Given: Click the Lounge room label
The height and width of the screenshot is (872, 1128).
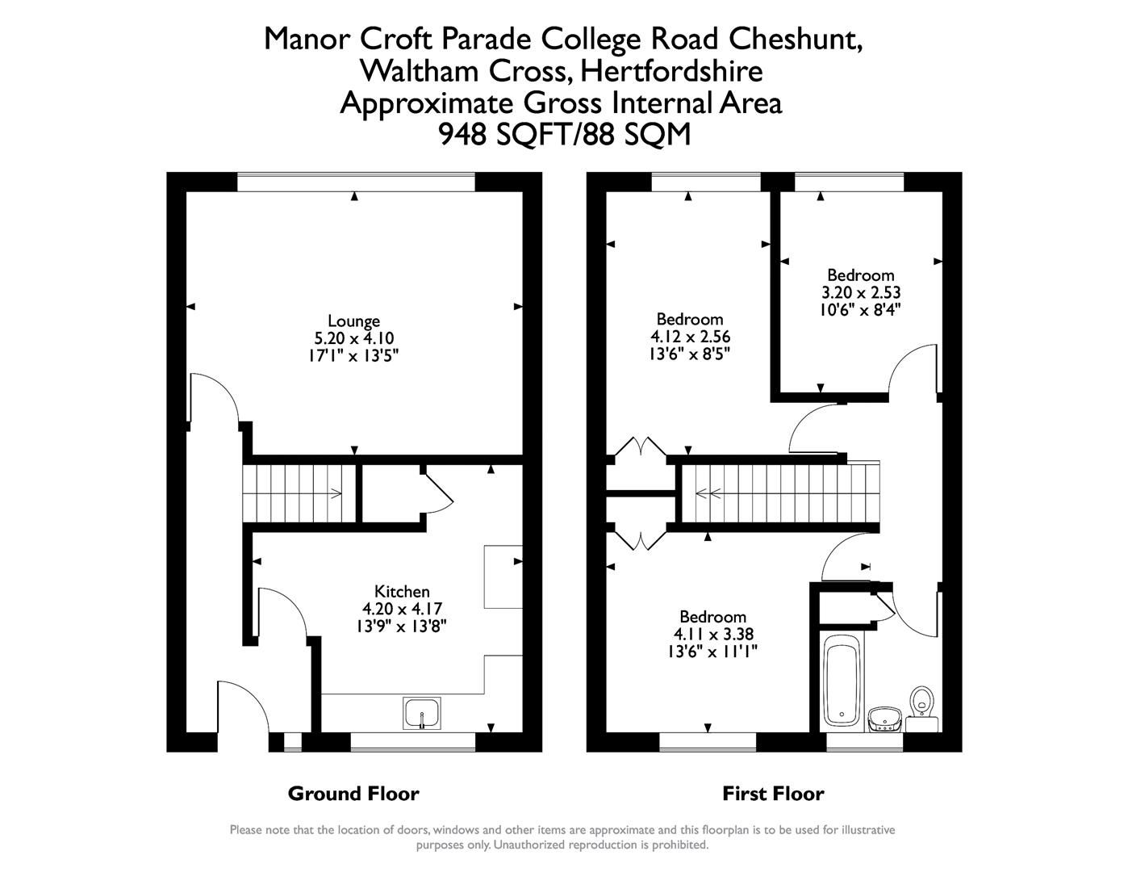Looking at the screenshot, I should [x=353, y=321].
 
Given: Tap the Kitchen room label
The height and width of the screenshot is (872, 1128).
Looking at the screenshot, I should [x=402, y=591].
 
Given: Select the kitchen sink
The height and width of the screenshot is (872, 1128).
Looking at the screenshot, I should [x=422, y=714].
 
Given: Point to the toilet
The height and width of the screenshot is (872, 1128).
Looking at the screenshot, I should [x=921, y=704].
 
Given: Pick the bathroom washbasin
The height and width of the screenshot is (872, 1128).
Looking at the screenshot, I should [x=884, y=718].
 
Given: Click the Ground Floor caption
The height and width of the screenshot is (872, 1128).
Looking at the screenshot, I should [x=353, y=794].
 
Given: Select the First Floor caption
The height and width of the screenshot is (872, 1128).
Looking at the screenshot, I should [x=773, y=794].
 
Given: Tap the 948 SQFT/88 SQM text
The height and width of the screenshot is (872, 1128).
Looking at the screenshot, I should [x=564, y=134].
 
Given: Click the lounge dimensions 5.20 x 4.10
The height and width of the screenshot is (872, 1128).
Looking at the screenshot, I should [x=353, y=338].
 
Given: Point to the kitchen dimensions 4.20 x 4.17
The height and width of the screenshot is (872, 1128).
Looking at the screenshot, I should [x=402, y=609].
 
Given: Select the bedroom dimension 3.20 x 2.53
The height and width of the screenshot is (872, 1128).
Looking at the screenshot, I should [x=860, y=292].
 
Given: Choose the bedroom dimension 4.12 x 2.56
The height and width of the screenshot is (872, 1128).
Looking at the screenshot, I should [x=690, y=336].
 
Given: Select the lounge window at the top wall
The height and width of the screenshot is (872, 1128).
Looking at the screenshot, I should [x=356, y=182].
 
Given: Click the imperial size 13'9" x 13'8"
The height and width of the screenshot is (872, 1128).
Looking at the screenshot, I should [x=402, y=626].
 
